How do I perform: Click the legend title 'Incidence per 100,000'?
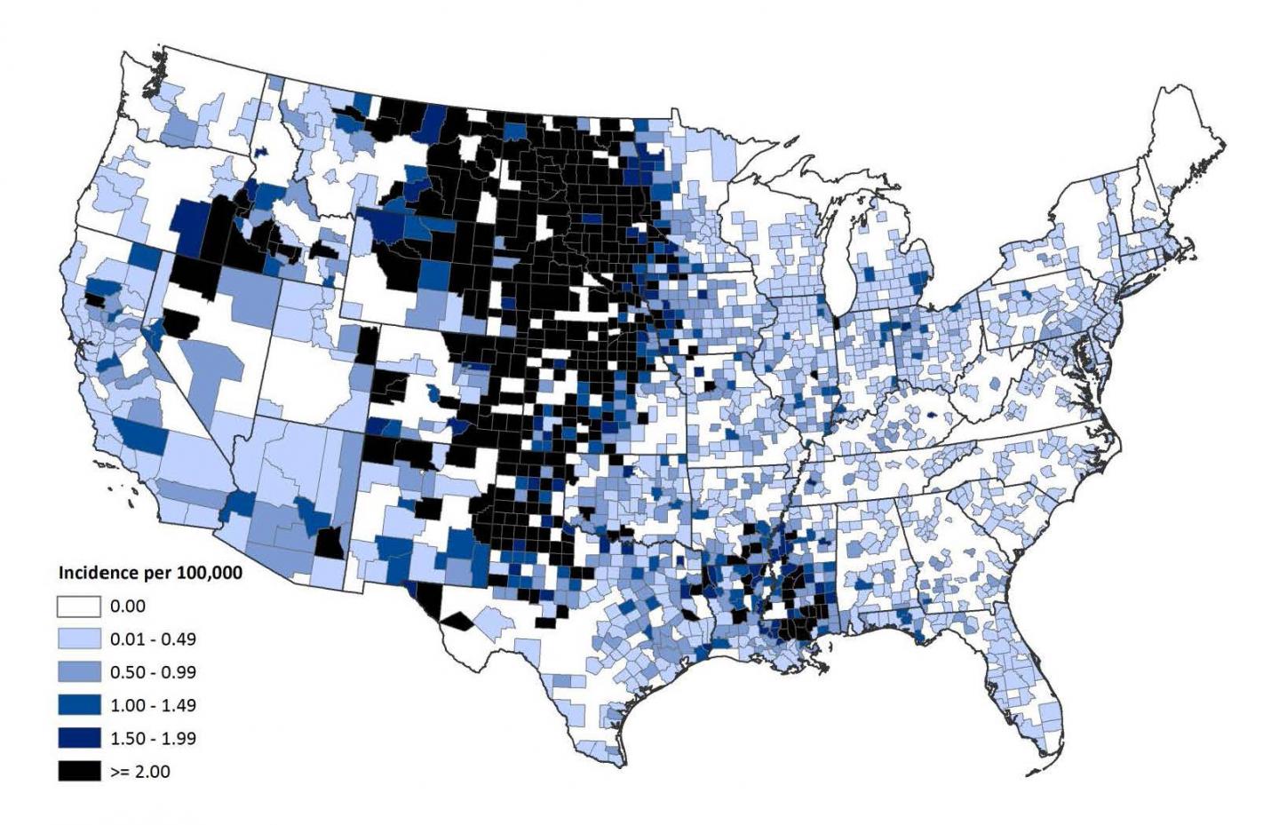pos(149,573)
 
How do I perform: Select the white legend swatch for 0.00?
pos(79,607)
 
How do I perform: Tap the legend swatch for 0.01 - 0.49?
pos(79,639)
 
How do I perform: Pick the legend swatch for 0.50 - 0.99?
pos(79,672)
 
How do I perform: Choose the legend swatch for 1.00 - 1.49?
pos(79,705)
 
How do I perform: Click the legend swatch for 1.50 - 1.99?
pos(79,738)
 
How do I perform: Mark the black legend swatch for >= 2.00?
pos(79,771)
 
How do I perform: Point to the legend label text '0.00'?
pos(128,607)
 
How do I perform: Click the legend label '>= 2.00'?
pos(139,771)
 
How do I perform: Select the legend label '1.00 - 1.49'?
pos(153,705)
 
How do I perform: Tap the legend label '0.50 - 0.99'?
pos(153,672)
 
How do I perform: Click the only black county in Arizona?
pos(330,541)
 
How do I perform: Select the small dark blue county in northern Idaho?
pos(261,152)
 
